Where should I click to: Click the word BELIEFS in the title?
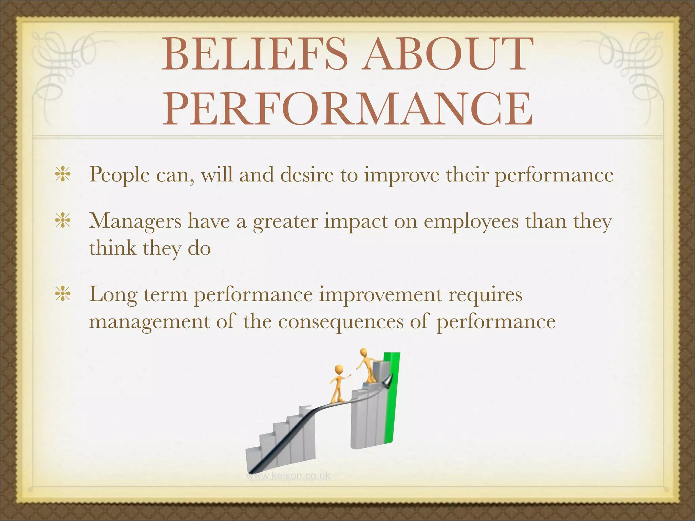(255, 54)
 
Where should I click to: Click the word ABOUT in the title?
(445, 54)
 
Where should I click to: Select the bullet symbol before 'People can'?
(63, 175)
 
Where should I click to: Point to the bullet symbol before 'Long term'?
(63, 294)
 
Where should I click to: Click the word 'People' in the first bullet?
(119, 175)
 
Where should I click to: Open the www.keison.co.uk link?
(288, 476)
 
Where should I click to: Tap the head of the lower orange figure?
(339, 369)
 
